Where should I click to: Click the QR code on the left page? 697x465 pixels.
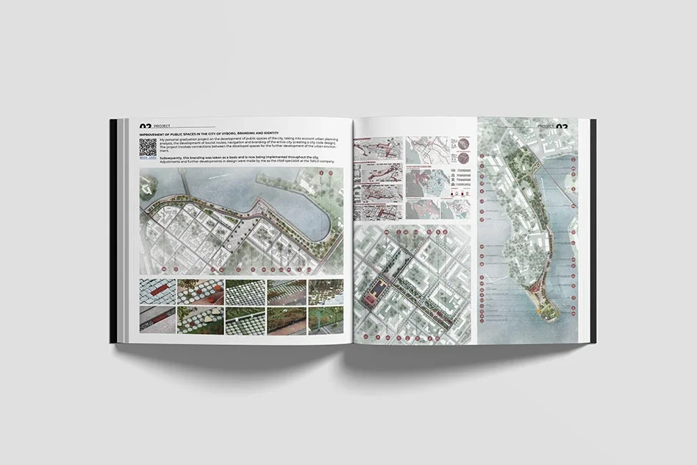click(147, 148)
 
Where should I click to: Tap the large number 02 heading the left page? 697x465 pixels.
click(144, 125)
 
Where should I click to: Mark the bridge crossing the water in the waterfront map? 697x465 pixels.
click(187, 189)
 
